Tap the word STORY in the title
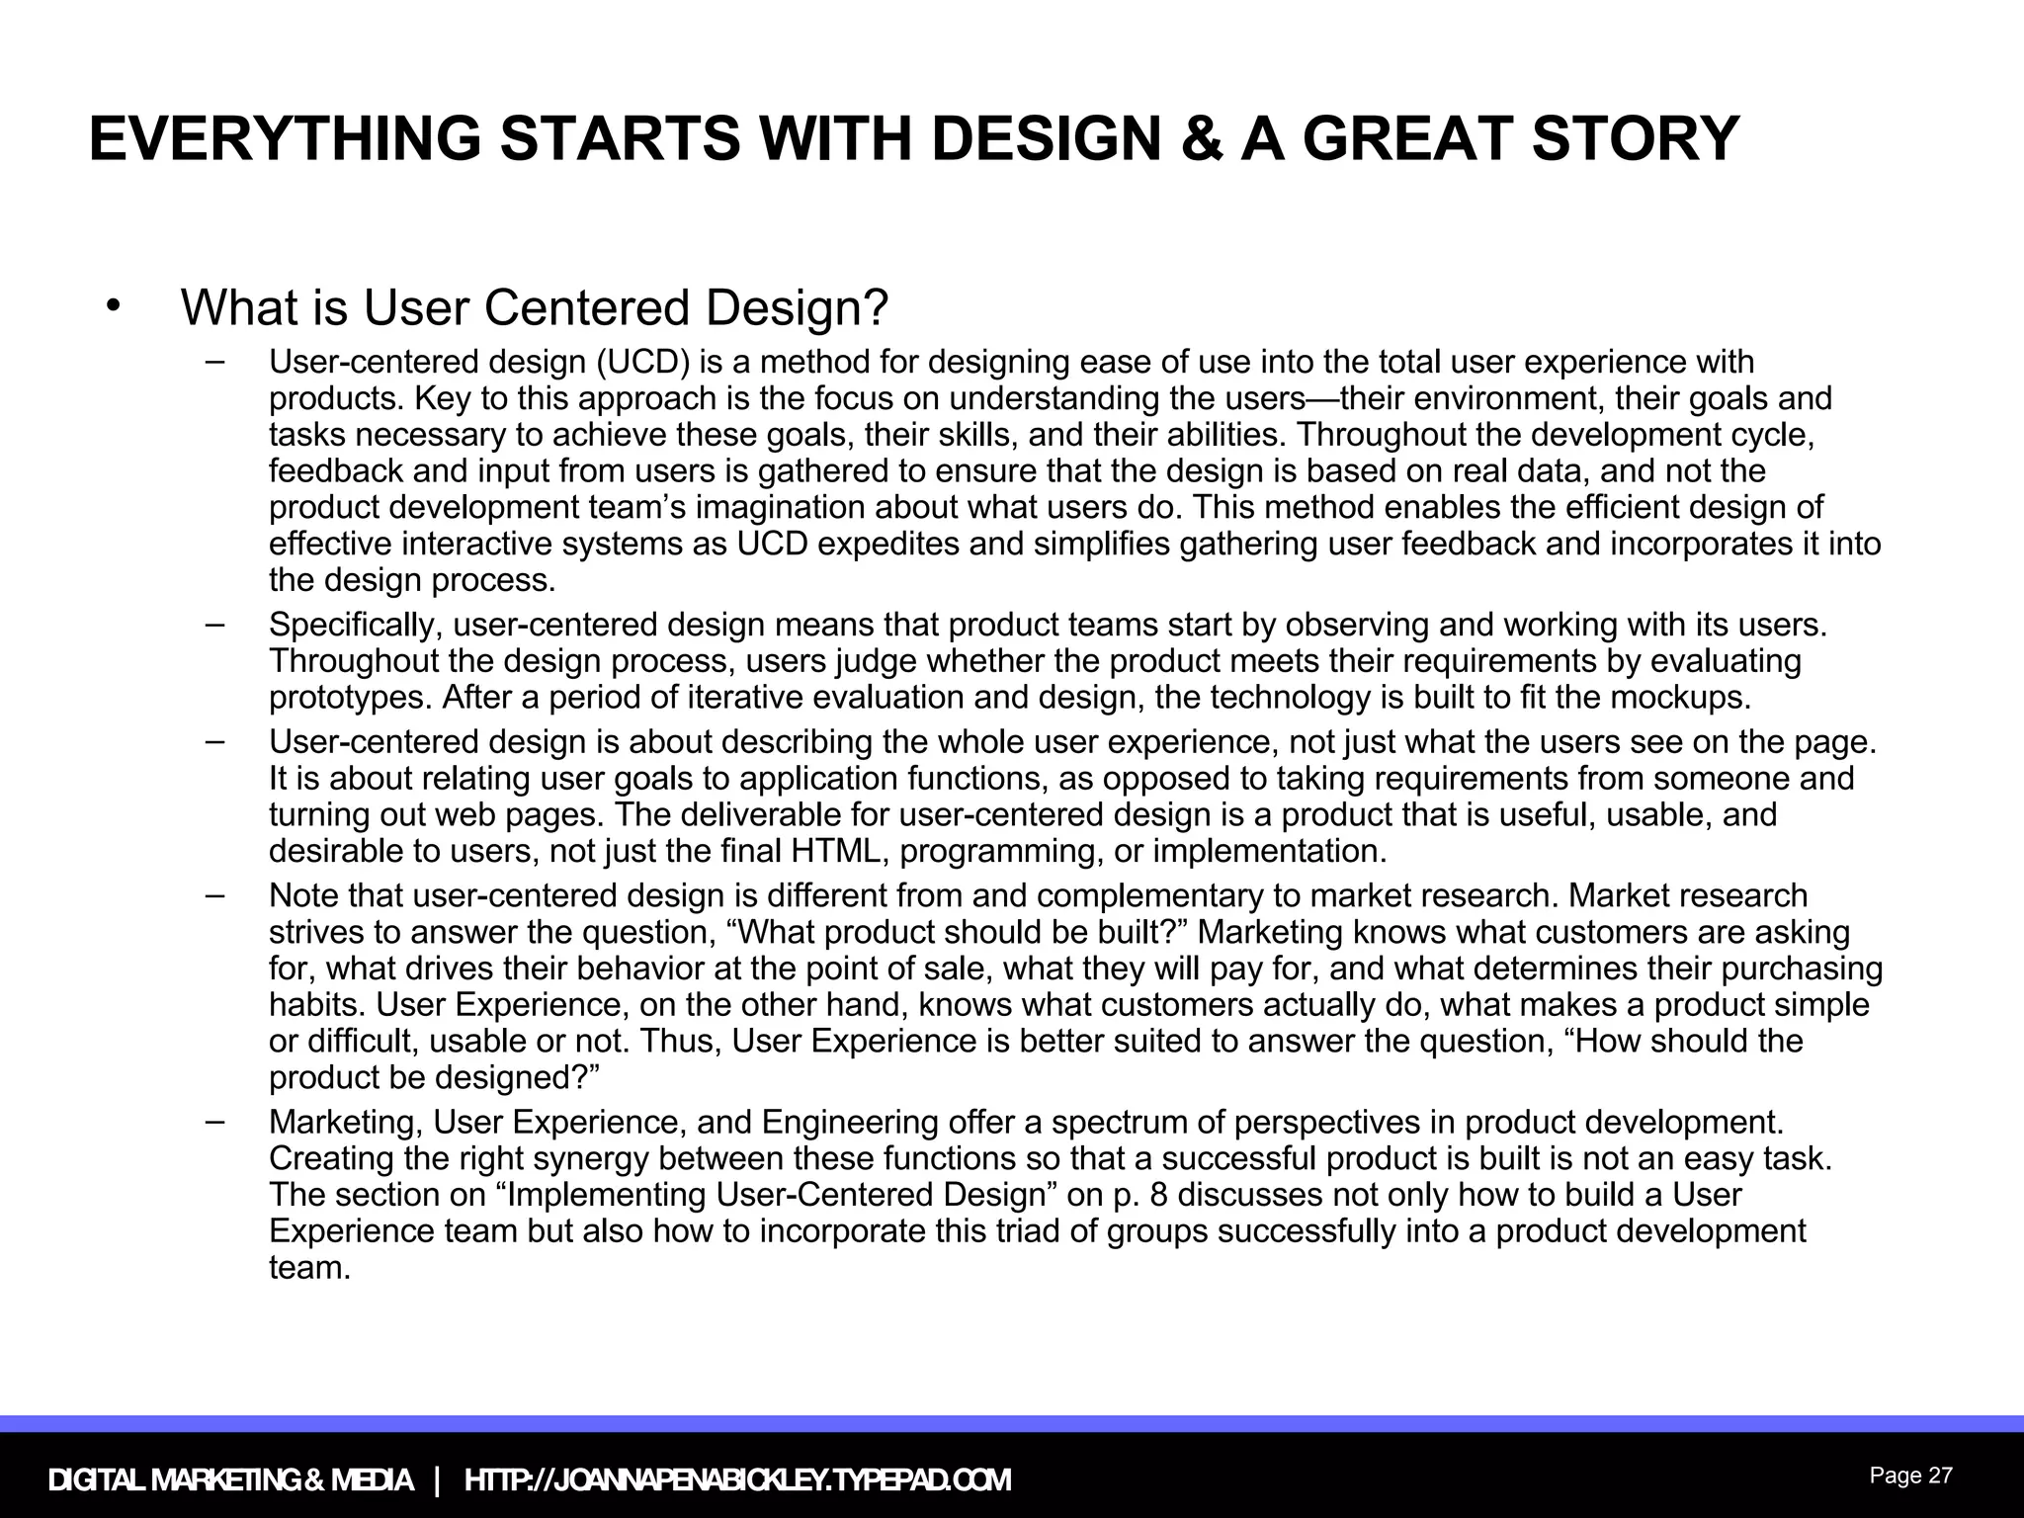[1635, 139]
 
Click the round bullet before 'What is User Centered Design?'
[114, 304]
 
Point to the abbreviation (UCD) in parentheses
[642, 363]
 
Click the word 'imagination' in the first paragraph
[781, 508]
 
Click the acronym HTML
[837, 851]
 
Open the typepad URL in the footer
[737, 1480]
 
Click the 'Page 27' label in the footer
[1910, 1476]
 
